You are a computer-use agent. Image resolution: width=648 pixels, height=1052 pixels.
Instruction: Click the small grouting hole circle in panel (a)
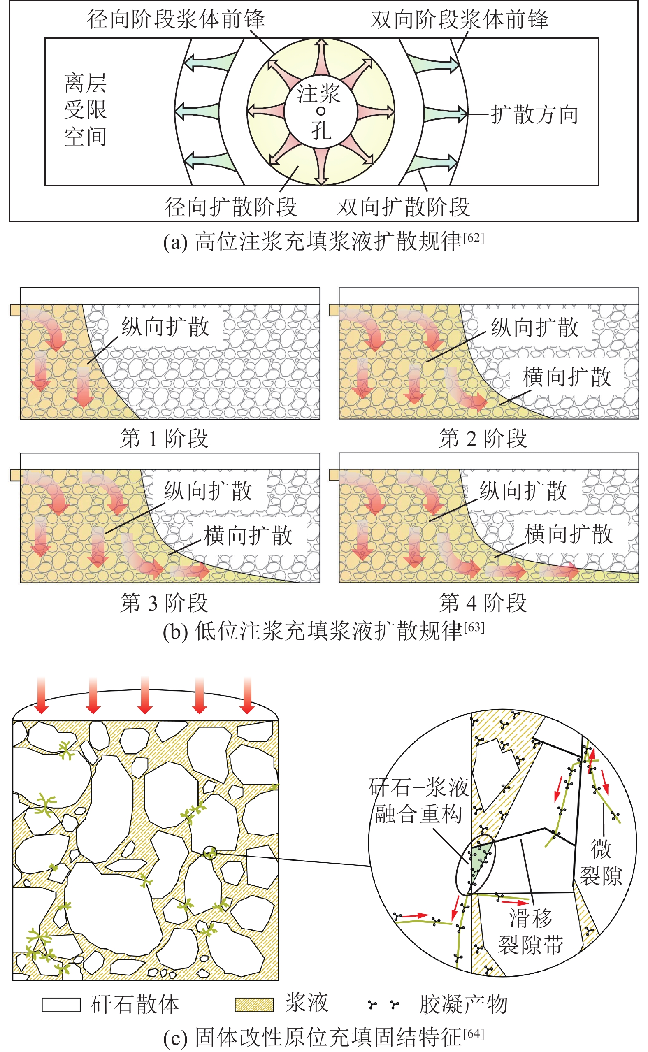click(x=321, y=111)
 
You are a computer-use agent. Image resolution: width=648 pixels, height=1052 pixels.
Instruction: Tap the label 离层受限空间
click(x=85, y=110)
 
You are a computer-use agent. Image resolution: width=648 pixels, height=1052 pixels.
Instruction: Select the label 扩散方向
click(x=534, y=114)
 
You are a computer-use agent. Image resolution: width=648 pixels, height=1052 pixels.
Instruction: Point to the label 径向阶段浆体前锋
click(x=176, y=19)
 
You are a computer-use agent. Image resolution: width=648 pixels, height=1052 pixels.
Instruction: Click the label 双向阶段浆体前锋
click(x=460, y=19)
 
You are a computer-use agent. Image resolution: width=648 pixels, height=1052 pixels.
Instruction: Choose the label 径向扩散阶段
click(x=230, y=207)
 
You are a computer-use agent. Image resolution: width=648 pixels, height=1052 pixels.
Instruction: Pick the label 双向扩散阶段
click(x=403, y=207)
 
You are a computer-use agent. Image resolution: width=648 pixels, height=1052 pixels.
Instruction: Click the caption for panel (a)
click(x=323, y=242)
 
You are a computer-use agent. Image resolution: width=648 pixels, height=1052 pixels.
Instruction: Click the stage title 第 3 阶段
click(x=164, y=602)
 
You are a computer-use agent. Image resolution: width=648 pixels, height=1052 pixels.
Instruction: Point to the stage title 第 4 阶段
click(x=483, y=602)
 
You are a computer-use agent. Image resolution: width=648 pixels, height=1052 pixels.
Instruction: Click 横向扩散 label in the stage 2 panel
click(x=567, y=377)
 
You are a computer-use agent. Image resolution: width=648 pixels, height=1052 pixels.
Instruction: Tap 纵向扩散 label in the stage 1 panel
click(x=165, y=327)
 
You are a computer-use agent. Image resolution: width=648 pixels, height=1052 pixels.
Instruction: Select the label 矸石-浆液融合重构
click(x=418, y=801)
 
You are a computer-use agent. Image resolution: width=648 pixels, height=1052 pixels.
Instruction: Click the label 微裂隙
click(x=600, y=862)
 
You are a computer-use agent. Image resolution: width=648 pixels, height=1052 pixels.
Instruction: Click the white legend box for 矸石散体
click(x=61, y=1005)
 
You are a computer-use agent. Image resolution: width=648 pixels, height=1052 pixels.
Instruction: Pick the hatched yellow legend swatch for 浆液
click(x=254, y=1005)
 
